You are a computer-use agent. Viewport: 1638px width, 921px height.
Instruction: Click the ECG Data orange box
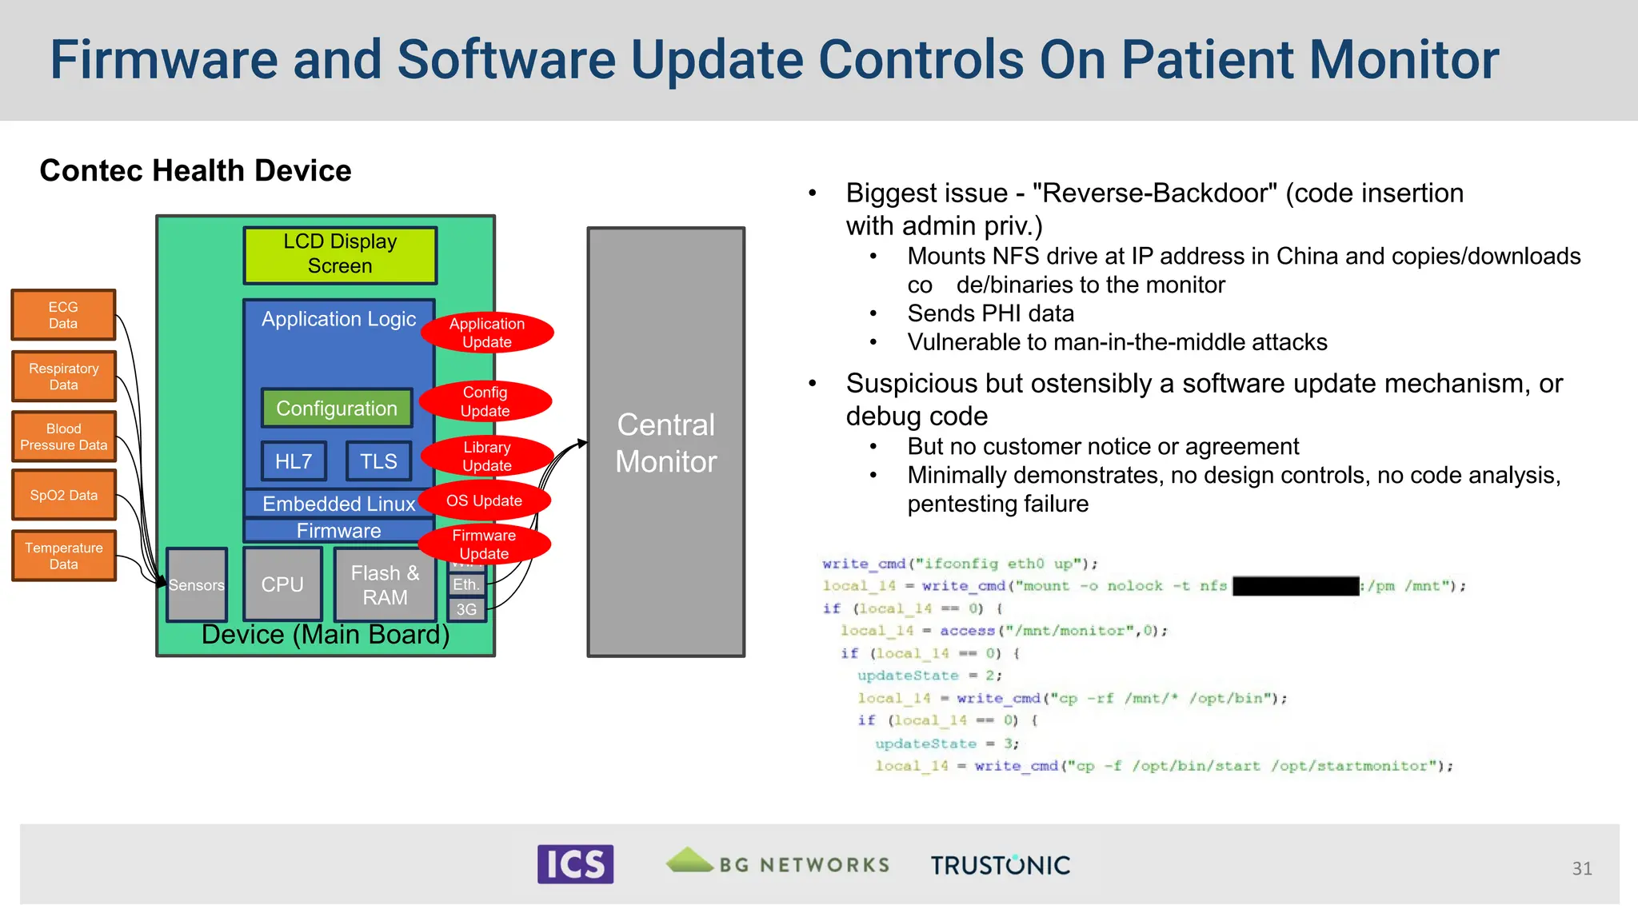point(63,315)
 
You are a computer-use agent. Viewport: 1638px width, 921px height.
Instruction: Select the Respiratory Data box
point(63,377)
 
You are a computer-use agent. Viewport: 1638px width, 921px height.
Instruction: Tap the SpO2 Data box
point(63,495)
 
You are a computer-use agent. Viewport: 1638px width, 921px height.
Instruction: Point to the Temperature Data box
point(63,556)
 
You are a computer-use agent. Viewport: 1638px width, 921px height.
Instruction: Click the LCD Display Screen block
point(340,255)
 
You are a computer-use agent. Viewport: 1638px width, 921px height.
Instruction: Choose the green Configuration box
point(337,409)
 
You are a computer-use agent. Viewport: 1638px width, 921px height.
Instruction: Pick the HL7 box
point(294,461)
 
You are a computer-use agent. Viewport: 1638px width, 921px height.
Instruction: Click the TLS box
point(378,461)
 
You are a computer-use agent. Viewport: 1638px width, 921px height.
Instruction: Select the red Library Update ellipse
point(486,457)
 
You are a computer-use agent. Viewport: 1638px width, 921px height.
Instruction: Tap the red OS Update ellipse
point(484,500)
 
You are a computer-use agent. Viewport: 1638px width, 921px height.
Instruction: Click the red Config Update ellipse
point(485,401)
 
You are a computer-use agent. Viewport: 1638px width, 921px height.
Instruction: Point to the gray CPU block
point(282,584)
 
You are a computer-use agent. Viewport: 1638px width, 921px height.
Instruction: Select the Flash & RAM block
point(385,585)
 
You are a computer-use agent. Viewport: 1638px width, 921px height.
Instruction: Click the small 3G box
point(466,610)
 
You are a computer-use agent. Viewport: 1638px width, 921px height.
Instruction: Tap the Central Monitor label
point(665,443)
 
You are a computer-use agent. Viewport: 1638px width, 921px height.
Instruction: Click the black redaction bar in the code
point(1296,586)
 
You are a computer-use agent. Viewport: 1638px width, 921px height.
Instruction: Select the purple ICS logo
point(575,864)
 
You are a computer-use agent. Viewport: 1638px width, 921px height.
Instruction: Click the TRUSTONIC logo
point(1000,865)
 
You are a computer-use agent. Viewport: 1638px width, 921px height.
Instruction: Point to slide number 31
point(1581,868)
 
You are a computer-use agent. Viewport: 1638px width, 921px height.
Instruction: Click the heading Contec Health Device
point(195,170)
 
